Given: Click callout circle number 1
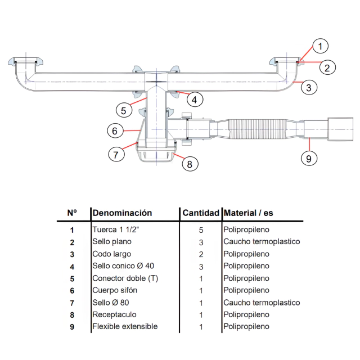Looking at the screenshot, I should click(x=319, y=46).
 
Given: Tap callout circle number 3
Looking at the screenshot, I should click(x=309, y=87).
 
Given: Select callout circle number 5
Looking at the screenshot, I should click(x=125, y=109).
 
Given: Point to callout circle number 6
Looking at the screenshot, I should click(x=115, y=130).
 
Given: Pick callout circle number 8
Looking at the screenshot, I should click(x=190, y=164).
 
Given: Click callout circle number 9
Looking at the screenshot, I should click(x=308, y=158).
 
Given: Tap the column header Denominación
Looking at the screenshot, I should click(x=122, y=213).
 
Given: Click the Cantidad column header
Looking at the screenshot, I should click(x=201, y=213).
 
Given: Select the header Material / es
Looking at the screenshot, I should click(x=248, y=213).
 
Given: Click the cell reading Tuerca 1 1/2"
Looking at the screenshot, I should click(x=115, y=229).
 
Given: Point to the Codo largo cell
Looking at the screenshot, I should click(x=111, y=254).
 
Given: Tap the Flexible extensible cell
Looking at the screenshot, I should click(x=125, y=326).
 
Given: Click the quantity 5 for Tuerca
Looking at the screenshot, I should click(x=201, y=229).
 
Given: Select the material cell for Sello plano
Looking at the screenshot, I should click(x=262, y=242).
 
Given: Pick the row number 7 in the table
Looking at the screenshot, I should click(x=71, y=303).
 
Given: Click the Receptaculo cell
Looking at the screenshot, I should click(x=114, y=314).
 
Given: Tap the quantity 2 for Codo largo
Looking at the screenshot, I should click(x=201, y=254).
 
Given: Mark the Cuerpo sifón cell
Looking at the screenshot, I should click(x=114, y=290).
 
